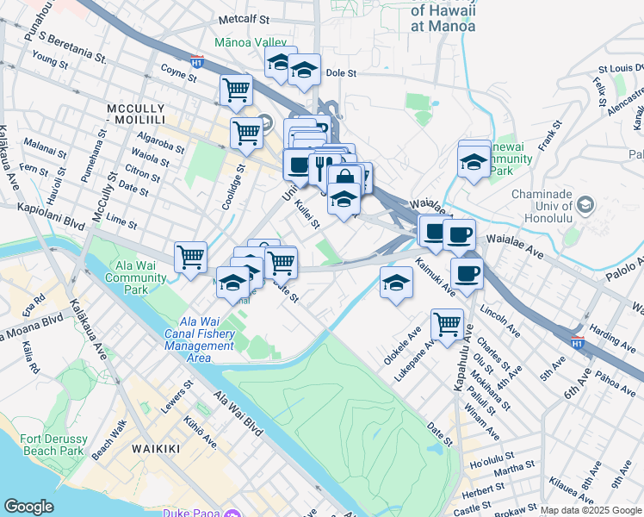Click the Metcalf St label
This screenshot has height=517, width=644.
click(245, 18)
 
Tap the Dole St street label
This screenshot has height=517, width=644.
click(340, 74)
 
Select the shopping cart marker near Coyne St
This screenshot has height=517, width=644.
click(236, 89)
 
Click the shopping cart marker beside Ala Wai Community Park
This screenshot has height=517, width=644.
click(190, 255)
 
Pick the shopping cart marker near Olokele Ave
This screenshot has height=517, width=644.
click(447, 324)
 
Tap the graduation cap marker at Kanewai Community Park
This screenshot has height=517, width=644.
click(473, 160)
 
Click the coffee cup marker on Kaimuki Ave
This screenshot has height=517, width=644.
click(466, 274)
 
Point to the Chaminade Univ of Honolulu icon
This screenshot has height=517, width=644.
click(585, 204)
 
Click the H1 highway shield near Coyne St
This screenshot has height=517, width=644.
click(197, 62)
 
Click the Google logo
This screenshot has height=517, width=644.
click(28, 507)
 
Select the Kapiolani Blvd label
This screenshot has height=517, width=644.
click(50, 211)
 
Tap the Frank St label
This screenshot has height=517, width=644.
click(546, 137)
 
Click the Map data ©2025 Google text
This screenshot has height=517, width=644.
click(591, 510)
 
